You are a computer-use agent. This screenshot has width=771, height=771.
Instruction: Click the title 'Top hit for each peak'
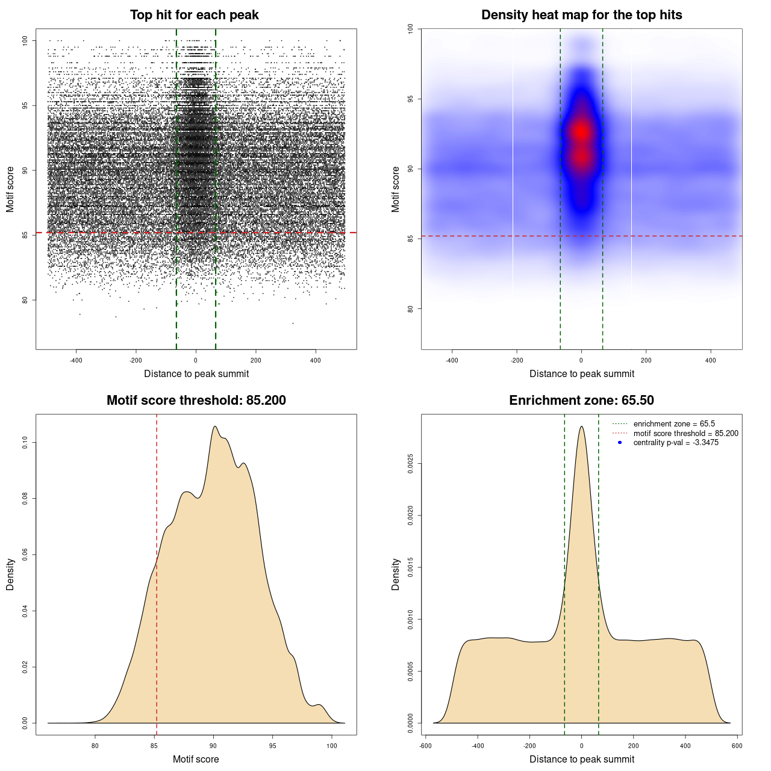pyautogui.click(x=195, y=15)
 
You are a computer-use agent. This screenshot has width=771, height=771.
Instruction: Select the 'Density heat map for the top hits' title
pyautogui.click(x=581, y=15)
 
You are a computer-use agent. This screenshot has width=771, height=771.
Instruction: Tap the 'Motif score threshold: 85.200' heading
pyautogui.click(x=196, y=401)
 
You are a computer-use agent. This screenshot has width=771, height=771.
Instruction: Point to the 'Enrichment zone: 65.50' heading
pyautogui.click(x=581, y=401)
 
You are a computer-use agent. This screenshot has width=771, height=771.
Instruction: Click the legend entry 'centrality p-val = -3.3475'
pyautogui.click(x=676, y=443)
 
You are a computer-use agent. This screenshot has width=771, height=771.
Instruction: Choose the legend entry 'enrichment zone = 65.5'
pyautogui.click(x=674, y=424)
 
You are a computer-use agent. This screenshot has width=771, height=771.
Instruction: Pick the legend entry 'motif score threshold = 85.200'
pyautogui.click(x=685, y=433)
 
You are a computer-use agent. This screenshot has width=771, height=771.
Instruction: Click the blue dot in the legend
pyautogui.click(x=620, y=443)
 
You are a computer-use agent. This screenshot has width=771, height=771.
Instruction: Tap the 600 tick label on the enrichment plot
pyautogui.click(x=737, y=746)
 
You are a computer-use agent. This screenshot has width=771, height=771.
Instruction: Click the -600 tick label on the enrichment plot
pyautogui.click(x=425, y=746)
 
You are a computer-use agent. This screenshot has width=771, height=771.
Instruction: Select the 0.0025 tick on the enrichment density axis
pyautogui.click(x=410, y=464)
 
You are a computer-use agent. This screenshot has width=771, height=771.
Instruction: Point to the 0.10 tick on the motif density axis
pyautogui.click(x=25, y=443)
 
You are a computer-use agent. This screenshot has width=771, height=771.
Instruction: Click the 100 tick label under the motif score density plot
pyautogui.click(x=332, y=746)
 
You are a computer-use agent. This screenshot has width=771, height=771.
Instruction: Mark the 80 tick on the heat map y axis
pyautogui.click(x=410, y=309)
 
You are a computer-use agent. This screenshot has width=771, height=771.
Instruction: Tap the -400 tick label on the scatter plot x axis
pyautogui.click(x=76, y=360)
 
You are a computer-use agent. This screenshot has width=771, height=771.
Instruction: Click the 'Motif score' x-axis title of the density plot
pyautogui.click(x=196, y=759)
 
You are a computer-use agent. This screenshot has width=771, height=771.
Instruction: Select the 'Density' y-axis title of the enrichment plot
pyautogui.click(x=396, y=574)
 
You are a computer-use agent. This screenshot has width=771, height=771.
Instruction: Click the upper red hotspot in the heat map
pyautogui.click(x=581, y=131)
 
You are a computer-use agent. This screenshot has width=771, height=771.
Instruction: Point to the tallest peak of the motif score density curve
pyautogui.click(x=214, y=426)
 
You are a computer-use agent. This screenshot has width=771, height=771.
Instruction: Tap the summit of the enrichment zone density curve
pyautogui.click(x=581, y=426)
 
